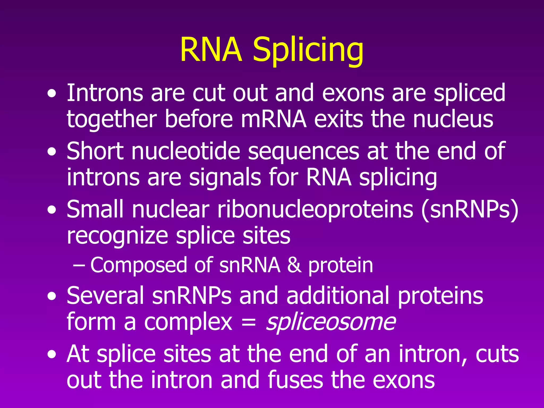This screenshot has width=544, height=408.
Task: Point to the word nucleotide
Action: (186, 151)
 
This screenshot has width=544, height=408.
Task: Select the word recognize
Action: (117, 236)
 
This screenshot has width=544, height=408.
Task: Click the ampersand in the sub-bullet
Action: (294, 265)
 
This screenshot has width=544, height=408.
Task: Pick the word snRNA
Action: (250, 265)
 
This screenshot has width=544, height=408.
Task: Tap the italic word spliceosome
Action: (331, 322)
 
